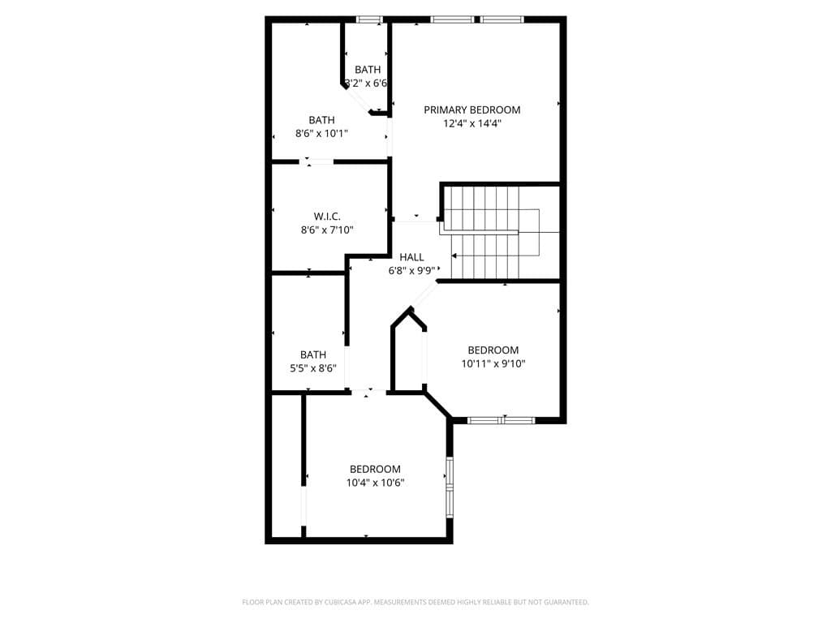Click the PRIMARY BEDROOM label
tap(471, 110)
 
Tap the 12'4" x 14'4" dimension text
tap(471, 123)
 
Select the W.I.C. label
tap(326, 216)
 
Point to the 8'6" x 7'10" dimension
tap(326, 230)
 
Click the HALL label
tap(411, 257)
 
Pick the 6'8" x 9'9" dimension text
tap(411, 271)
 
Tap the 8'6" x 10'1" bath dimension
tap(321, 134)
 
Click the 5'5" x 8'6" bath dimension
tap(313, 367)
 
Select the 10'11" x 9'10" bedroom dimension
tap(493, 363)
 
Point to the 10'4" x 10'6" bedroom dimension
tap(375, 482)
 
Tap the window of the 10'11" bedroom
tap(502, 420)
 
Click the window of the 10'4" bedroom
tap(449, 487)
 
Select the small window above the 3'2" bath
tap(369, 19)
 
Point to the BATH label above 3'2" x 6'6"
tap(368, 70)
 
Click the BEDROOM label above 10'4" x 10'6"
tap(375, 469)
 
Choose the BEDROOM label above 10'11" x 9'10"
tap(493, 350)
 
